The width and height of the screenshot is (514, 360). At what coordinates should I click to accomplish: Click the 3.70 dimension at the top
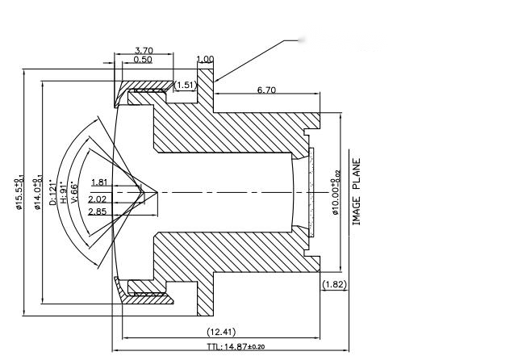[x=143, y=50]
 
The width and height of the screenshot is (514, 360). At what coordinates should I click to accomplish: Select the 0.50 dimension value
[x=143, y=60]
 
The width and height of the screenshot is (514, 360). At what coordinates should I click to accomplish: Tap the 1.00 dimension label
[x=205, y=59]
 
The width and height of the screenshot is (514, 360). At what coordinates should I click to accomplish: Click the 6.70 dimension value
[x=266, y=90]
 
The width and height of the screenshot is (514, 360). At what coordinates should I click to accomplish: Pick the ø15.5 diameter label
[x=19, y=192]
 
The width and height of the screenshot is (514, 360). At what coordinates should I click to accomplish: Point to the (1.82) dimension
[x=334, y=284]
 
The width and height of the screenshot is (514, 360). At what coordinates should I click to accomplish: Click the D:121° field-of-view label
[x=53, y=192]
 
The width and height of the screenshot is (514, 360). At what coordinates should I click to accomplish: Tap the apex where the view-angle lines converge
[x=146, y=192]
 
